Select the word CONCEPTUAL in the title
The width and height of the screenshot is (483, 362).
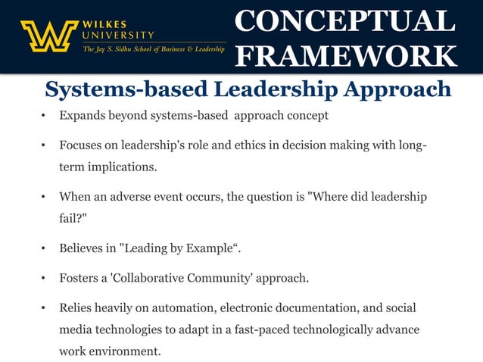345,20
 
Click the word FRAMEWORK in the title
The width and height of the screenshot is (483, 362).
345,55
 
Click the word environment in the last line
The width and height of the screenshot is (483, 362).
126,352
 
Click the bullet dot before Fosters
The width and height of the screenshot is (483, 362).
45,278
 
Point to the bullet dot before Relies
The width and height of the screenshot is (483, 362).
45,308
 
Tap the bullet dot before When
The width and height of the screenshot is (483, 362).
45,197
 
